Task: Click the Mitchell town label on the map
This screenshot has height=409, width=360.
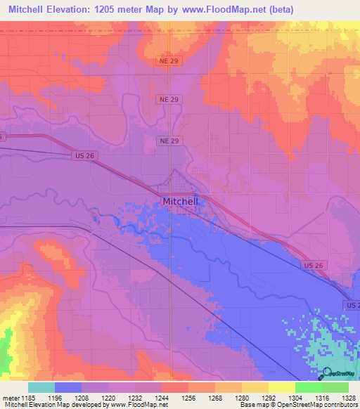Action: (x=181, y=201)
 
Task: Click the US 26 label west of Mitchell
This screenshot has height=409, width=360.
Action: (x=83, y=156)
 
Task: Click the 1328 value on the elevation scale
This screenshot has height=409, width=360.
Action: (x=339, y=398)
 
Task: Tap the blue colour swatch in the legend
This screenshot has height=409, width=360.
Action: (x=67, y=387)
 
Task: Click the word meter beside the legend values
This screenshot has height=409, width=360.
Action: (x=10, y=398)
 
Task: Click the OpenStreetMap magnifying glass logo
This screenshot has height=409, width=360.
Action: (x=325, y=373)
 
